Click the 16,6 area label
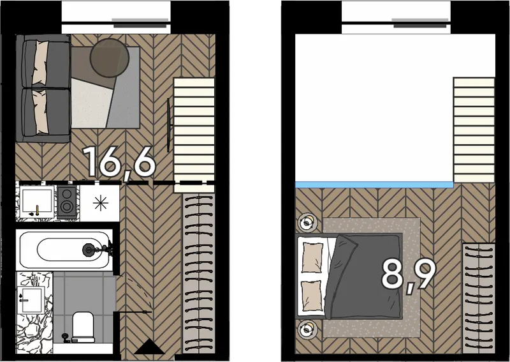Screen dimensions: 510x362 point(119,163)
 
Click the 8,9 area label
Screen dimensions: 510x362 point(409,275)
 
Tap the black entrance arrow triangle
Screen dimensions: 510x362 point(149,347)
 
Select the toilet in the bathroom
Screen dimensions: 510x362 point(83,327)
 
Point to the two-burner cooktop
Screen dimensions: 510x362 point(67,202)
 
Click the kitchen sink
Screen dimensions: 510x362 point(37,202)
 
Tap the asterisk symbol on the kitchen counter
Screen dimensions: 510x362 point(101,202)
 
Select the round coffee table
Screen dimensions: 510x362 point(109,58)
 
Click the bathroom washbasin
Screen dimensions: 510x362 point(31,300)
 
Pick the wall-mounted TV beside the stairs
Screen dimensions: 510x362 point(168,125)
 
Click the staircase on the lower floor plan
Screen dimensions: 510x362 point(194,135)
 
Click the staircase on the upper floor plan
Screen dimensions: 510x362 point(474,130)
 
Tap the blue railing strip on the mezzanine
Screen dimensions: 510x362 point(374,185)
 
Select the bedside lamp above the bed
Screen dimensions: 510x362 point(307,223)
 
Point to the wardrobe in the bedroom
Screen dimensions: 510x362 point(479,298)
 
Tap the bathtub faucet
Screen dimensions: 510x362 point(98,250)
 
